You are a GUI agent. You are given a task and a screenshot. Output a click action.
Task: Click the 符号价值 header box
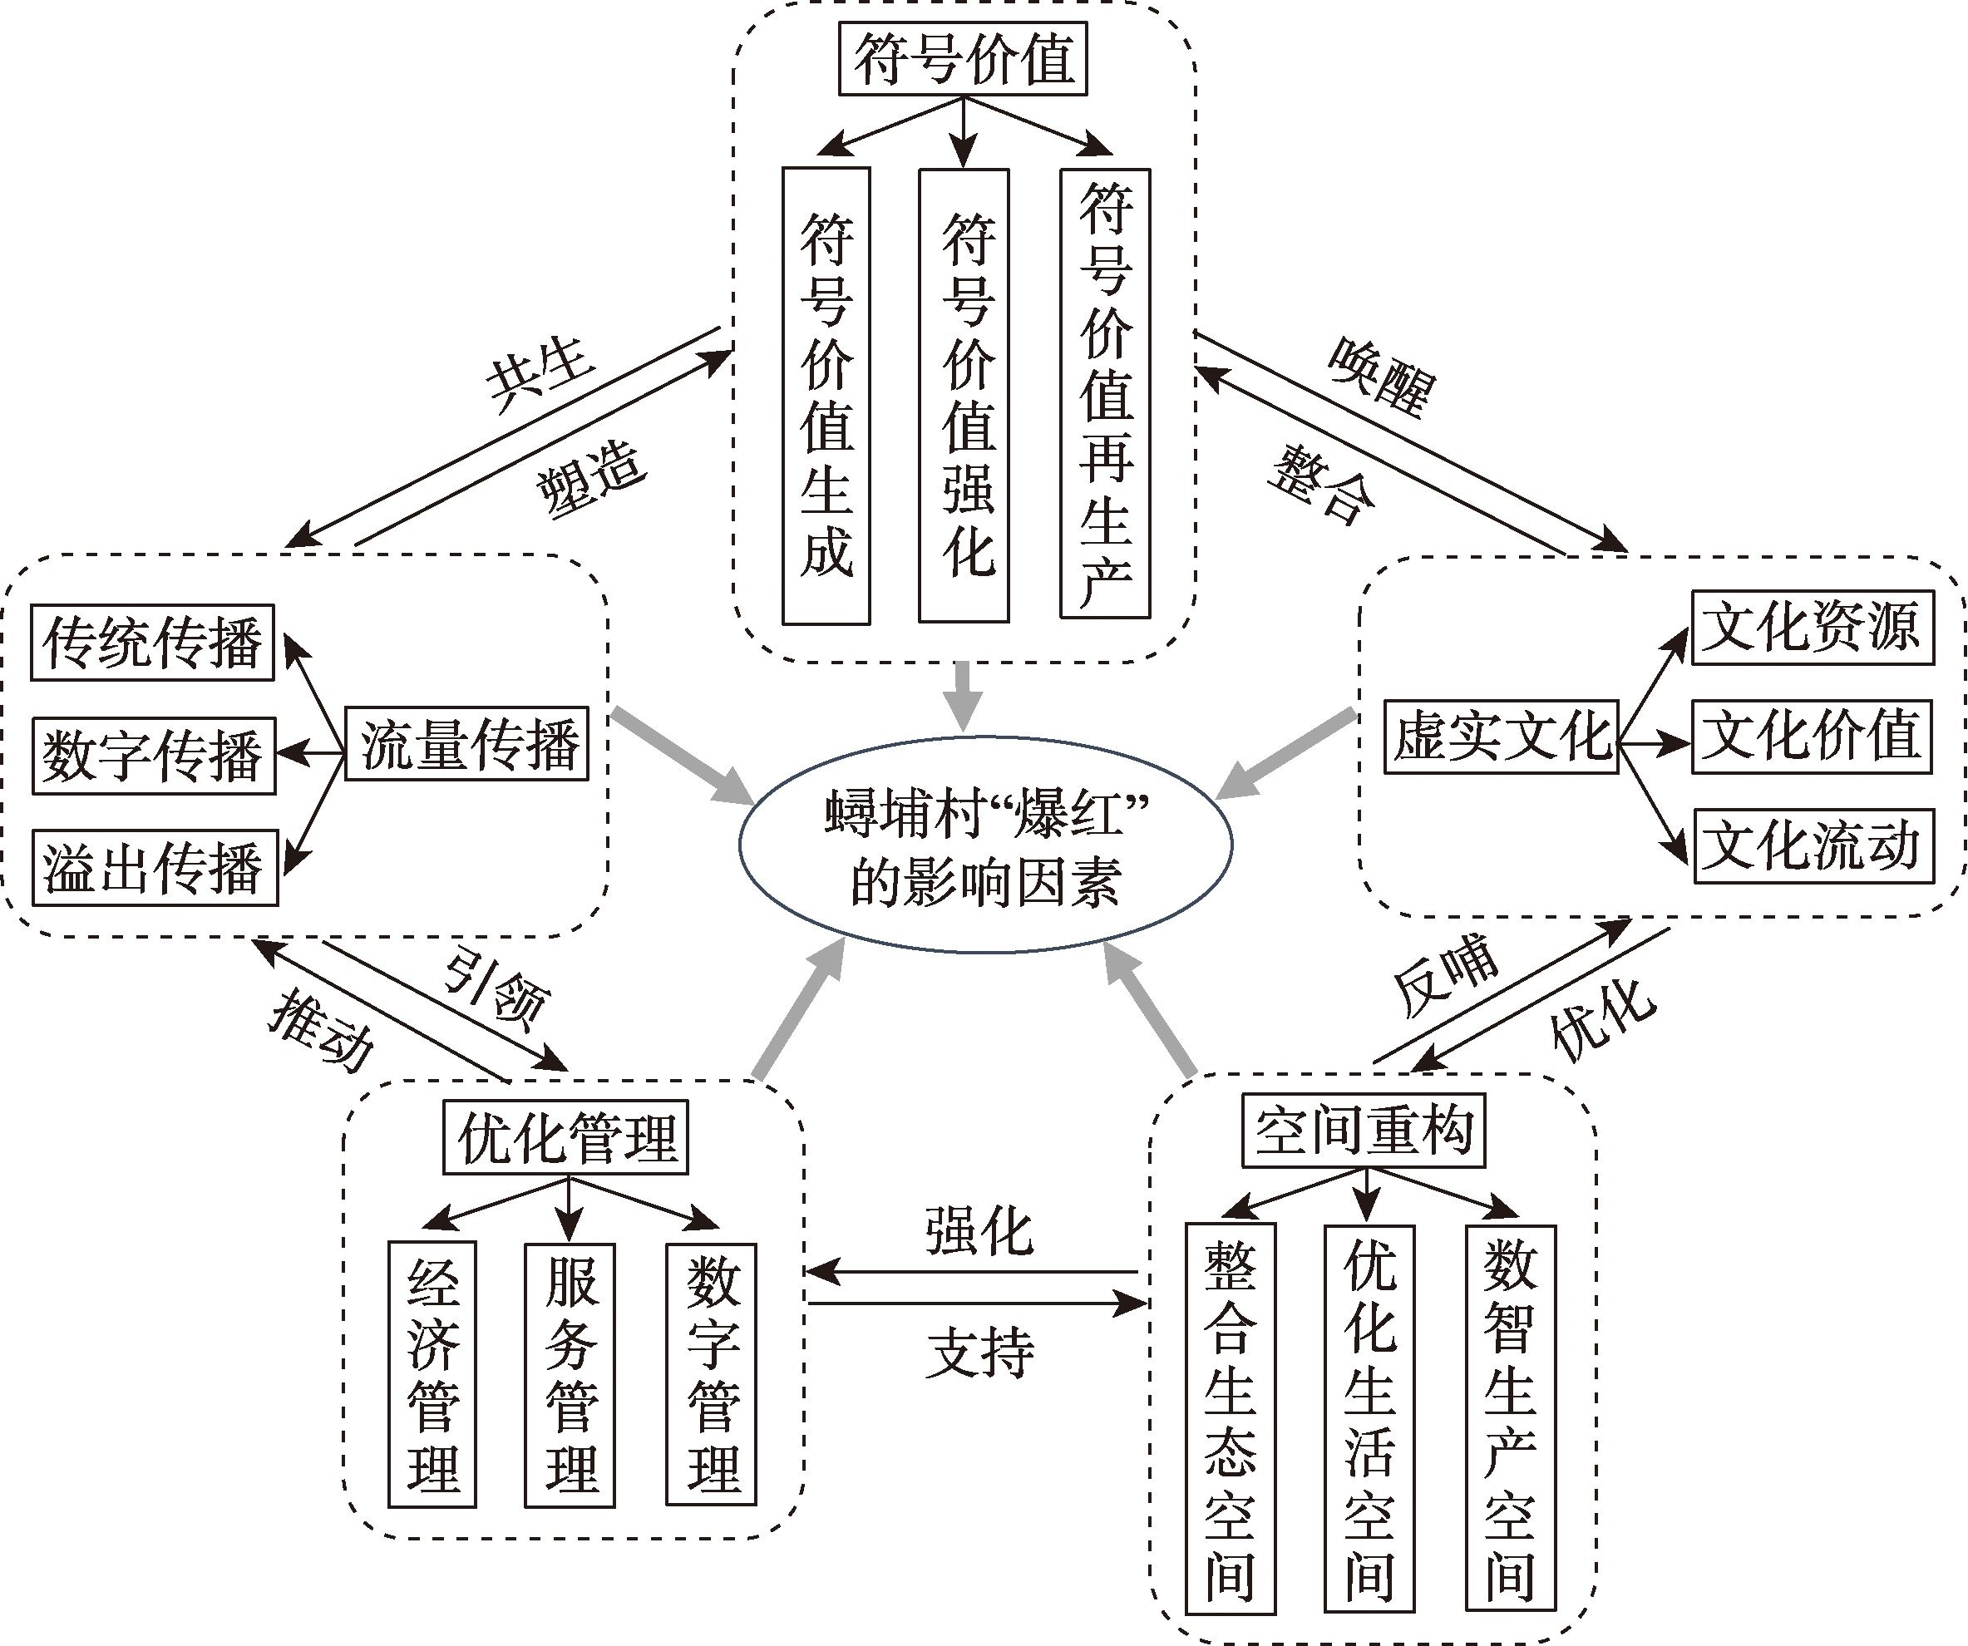click(963, 59)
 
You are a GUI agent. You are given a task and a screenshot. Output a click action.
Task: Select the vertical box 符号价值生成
click(826, 396)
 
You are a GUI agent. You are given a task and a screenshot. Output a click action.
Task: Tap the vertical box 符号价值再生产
click(1105, 393)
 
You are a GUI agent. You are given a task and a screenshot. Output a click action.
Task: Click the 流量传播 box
click(466, 744)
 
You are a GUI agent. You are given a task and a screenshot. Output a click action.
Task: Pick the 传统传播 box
click(153, 643)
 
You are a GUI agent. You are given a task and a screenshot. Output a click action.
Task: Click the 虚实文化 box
click(1502, 737)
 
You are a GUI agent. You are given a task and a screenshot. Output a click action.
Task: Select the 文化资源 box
click(1813, 628)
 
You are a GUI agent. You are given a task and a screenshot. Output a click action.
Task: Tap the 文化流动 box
click(1814, 846)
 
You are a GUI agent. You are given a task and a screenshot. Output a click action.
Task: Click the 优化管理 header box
click(566, 1137)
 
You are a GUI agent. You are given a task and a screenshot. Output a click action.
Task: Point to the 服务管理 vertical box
click(570, 1375)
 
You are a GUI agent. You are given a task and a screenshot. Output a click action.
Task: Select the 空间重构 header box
click(1364, 1131)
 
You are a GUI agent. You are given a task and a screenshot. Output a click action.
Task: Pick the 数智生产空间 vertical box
click(1511, 1417)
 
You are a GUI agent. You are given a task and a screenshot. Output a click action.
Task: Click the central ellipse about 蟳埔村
click(985, 845)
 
